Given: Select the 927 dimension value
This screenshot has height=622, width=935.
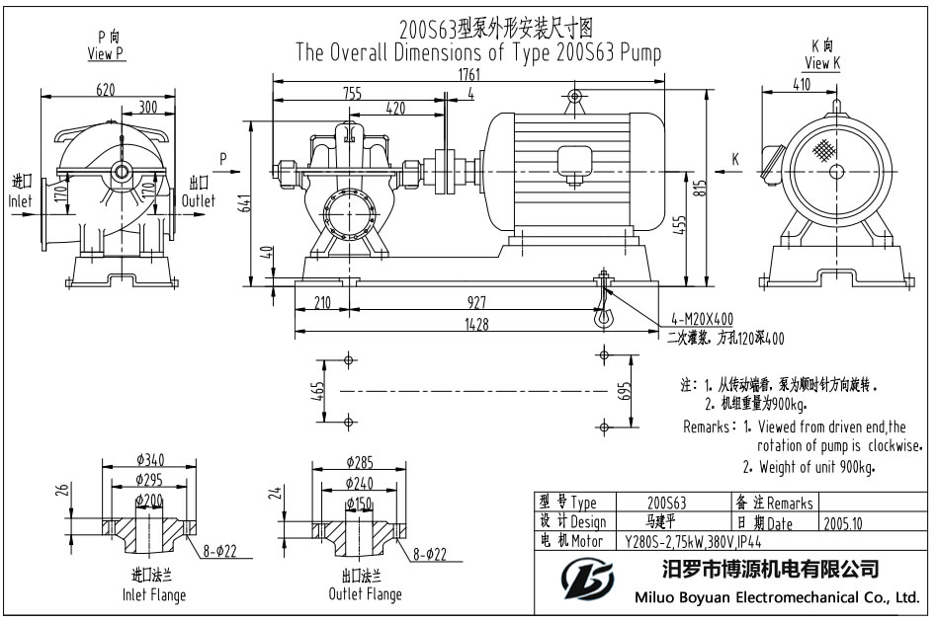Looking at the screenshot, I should tap(478, 302).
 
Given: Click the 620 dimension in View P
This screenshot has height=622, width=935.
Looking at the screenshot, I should tap(107, 89).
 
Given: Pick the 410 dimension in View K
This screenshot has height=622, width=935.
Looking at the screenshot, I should tap(801, 85).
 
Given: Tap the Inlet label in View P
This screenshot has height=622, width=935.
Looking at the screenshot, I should tap(21, 201).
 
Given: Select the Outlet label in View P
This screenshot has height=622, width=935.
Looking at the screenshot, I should tap(199, 201).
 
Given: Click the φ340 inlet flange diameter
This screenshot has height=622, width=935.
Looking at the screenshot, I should tap(149, 459).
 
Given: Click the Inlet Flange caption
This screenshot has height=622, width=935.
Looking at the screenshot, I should tap(153, 595).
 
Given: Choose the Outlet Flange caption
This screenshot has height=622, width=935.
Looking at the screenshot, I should tap(365, 594).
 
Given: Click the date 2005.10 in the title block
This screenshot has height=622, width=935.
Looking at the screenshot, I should tap(840, 524).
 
